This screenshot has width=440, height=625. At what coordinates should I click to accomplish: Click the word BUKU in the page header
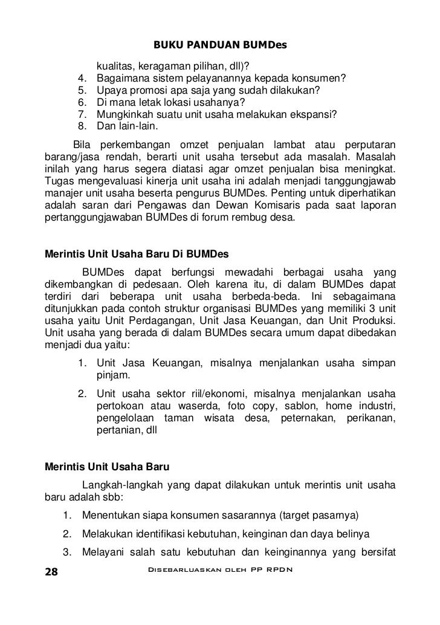coord(166,46)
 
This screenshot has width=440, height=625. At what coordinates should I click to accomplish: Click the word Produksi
coord(372,319)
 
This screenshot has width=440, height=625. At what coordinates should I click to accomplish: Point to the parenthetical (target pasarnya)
coord(319,516)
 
